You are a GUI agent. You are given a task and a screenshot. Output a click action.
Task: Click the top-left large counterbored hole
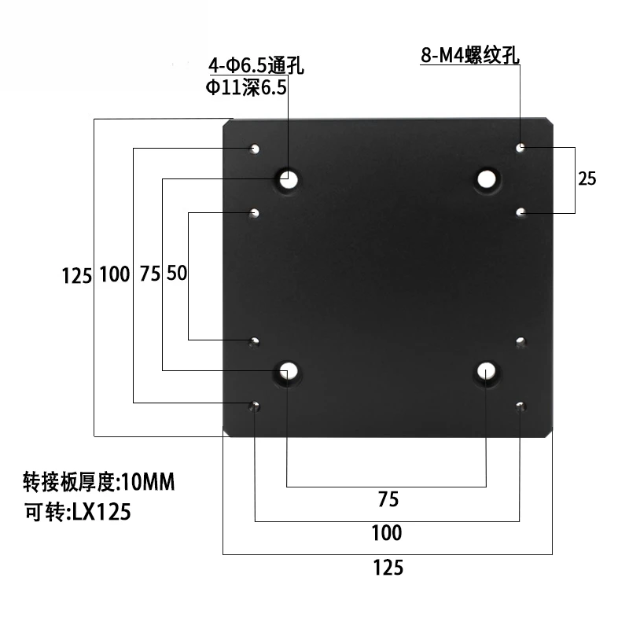coord(289,179)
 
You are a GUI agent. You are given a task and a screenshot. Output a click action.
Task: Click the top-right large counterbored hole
coord(487,178)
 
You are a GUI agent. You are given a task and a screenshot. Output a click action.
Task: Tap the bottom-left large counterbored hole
coord(289,371)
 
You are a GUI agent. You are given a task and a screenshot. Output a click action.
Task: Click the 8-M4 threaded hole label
coord(469,56)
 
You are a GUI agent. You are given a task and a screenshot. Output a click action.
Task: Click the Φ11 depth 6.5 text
coord(246,88)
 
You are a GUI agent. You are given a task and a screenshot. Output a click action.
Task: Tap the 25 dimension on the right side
coord(587,178)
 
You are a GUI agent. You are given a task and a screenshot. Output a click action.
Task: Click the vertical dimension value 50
coord(177,274)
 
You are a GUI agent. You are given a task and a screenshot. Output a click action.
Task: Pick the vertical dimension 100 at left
coord(115,274)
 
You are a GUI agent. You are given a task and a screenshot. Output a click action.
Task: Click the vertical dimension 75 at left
coord(149,274)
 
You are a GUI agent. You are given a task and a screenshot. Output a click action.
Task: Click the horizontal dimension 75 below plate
coord(388,498)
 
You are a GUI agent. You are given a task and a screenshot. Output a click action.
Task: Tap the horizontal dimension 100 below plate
coord(387,533)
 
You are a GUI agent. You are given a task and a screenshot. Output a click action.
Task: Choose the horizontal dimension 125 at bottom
coord(387,567)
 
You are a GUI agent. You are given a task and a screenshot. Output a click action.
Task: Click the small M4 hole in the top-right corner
coord(520,147)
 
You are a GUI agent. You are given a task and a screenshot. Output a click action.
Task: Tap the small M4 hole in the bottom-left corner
coord(255,406)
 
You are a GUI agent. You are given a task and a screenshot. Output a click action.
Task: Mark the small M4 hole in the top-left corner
coord(255,148)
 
